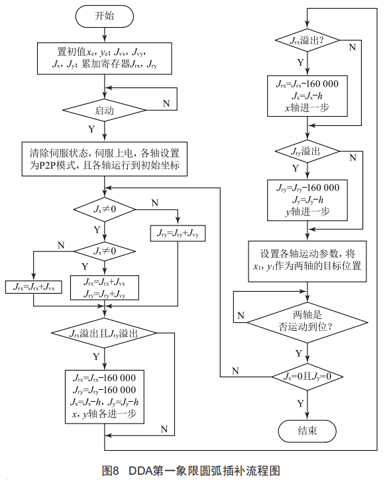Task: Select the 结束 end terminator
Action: point(307,430)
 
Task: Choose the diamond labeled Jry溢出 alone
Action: point(307,151)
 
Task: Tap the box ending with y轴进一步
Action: point(307,200)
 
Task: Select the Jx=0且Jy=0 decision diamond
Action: point(307,376)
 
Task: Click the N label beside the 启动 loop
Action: point(166,104)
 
